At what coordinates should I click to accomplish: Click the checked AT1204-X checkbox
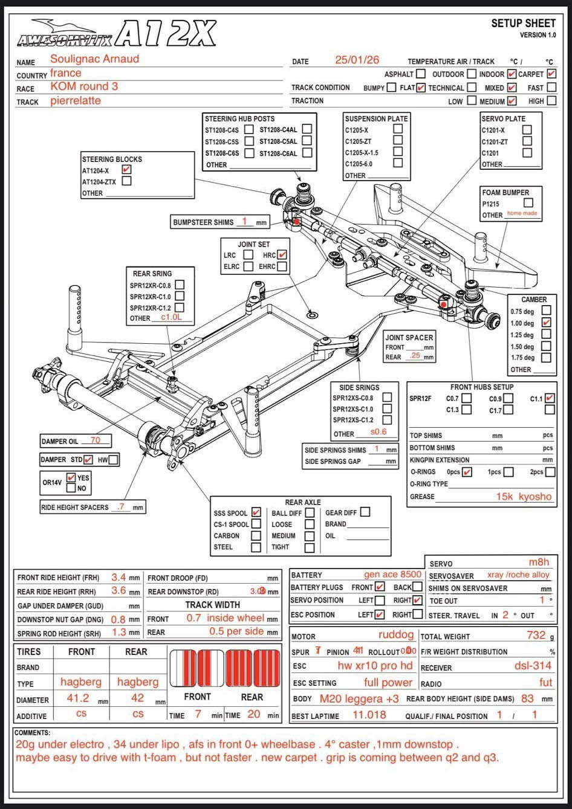tap(126, 170)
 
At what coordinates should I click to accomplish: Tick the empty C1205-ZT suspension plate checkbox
tap(397, 140)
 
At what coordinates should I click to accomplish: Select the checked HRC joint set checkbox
tap(282, 255)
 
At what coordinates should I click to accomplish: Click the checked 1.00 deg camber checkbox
tap(546, 323)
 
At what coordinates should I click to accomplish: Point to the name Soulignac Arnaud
tap(94, 59)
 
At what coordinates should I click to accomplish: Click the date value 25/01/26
tap(357, 60)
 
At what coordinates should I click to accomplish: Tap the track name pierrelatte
tap(76, 100)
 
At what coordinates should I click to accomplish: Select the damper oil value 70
tap(96, 440)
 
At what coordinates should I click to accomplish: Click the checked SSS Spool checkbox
tap(256, 513)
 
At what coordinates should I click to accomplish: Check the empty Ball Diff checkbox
tap(310, 513)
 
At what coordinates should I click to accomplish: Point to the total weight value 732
tap(536, 635)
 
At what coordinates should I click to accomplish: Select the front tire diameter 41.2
tap(78, 698)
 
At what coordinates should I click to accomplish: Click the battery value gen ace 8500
tap(392, 574)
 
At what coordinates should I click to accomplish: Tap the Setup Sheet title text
tap(523, 24)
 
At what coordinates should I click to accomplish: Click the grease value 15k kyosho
tap(524, 497)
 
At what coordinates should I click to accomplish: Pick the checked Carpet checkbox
tap(551, 74)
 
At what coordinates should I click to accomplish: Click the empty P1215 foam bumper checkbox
tap(528, 203)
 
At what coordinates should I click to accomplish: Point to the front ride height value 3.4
tap(119, 577)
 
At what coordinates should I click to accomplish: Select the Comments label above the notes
tap(33, 733)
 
